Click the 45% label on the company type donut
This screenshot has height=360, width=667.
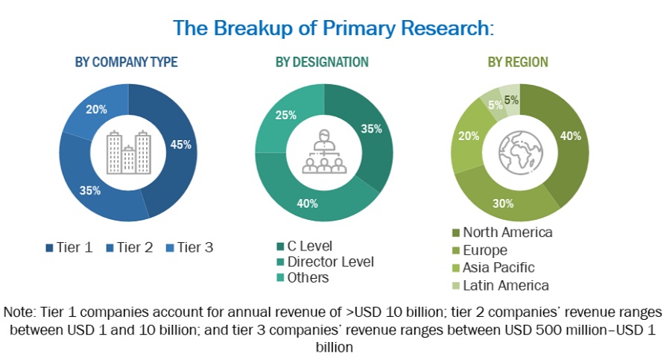pyautogui.click(x=181, y=145)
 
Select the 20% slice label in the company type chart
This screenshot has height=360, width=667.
pyautogui.click(x=97, y=109)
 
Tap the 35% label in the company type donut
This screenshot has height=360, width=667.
pyautogui.click(x=90, y=190)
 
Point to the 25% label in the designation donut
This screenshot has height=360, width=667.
pyautogui.click(x=286, y=116)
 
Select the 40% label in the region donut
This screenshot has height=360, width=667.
pyautogui.click(x=572, y=136)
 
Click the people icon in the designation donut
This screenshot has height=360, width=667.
pyautogui.click(x=324, y=152)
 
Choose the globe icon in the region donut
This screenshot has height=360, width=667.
pyautogui.click(x=519, y=152)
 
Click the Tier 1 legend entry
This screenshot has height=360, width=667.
pyautogui.click(x=69, y=247)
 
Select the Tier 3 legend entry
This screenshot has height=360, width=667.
pyautogui.click(x=189, y=247)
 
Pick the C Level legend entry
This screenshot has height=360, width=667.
pyautogui.click(x=303, y=246)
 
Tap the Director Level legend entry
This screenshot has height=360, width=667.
pyautogui.click(x=324, y=262)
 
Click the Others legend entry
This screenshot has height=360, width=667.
pyautogui.click(x=303, y=277)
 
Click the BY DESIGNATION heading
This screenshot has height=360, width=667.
pyautogui.click(x=322, y=62)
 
